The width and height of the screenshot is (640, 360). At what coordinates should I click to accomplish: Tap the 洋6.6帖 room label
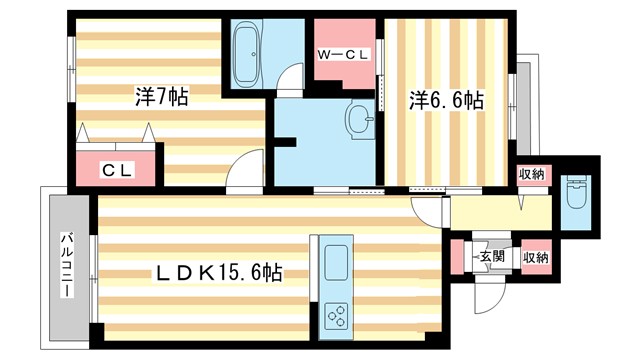click(446, 100)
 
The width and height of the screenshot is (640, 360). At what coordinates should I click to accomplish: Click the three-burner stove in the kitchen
click(338, 319)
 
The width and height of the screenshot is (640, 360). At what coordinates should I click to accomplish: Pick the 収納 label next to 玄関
click(535, 257)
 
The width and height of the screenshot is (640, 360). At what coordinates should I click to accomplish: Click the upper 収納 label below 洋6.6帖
click(531, 175)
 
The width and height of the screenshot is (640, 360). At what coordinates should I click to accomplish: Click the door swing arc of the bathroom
click(290, 79)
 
